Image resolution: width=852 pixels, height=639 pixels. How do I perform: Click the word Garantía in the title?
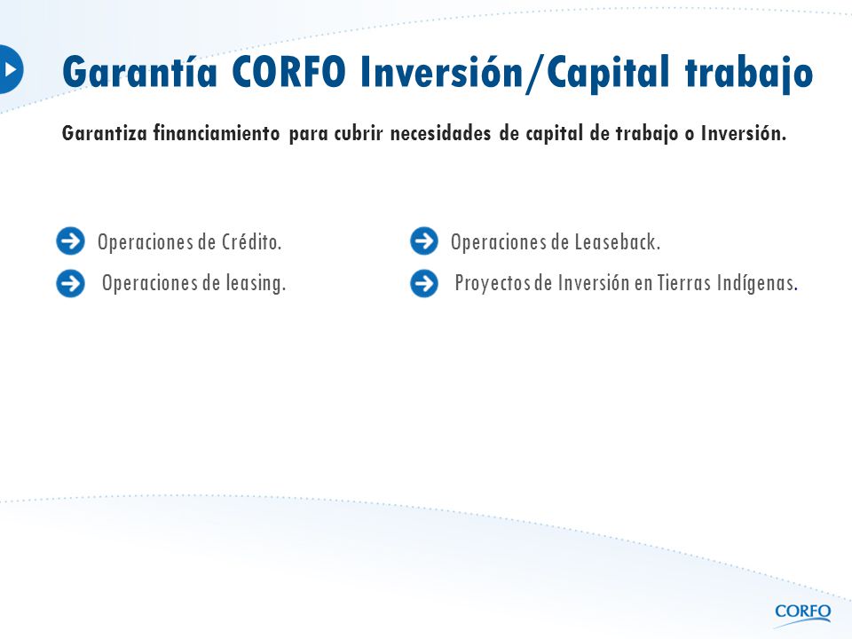click(x=139, y=72)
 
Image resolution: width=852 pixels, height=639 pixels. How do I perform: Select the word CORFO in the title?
click(x=288, y=72)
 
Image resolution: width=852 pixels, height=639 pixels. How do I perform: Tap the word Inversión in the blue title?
click(x=441, y=72)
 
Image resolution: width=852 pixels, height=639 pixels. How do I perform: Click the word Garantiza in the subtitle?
click(x=105, y=133)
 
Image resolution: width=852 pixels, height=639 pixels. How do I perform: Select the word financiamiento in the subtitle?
click(x=217, y=133)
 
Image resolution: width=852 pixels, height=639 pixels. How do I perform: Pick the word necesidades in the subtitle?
click(x=441, y=133)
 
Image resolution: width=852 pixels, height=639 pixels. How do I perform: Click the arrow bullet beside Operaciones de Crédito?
click(x=71, y=241)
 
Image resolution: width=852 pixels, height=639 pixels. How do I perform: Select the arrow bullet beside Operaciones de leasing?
click(x=71, y=283)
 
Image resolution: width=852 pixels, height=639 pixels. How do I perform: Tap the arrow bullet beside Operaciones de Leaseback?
click(x=424, y=241)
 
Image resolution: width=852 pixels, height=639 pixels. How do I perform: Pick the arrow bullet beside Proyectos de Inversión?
click(x=424, y=283)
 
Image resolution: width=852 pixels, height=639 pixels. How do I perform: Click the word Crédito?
click(x=251, y=241)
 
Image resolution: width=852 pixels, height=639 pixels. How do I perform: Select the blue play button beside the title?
click(x=11, y=69)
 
